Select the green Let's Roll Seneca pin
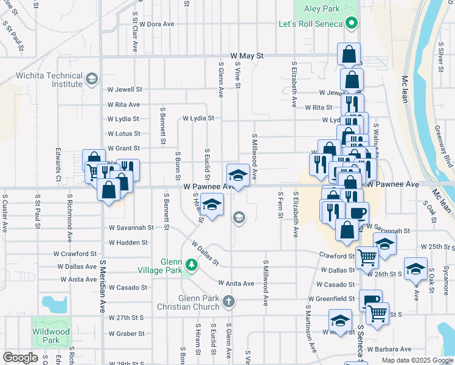351,25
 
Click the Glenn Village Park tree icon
192,265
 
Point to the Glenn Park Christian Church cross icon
228,301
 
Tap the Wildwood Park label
52,335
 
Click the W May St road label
246,55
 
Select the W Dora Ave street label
157,24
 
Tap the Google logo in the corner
21,358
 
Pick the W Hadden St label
127,242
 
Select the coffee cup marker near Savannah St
358,212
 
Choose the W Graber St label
127,333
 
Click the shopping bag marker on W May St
349,54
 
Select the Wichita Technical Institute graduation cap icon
91,79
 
